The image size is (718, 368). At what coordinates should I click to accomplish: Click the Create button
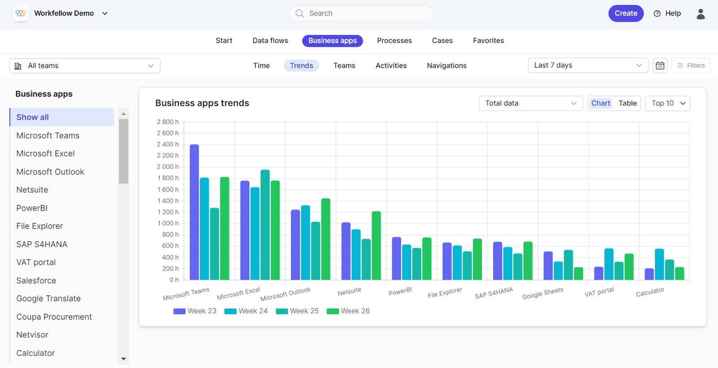coord(626,13)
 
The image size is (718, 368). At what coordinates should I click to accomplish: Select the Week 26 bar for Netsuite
coord(376,246)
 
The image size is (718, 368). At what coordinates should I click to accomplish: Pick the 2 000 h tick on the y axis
coord(168,167)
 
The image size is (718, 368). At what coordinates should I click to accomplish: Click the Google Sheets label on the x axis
coord(543,293)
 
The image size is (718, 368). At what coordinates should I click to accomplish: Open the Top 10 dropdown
coord(667,103)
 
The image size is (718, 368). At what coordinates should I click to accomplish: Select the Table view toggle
coord(627,103)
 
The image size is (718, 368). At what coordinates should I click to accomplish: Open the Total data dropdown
coord(530,103)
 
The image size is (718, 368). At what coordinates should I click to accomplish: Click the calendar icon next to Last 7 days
coord(660,66)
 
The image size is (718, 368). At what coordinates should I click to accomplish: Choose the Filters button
coord(691,66)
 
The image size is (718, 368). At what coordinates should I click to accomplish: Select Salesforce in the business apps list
coord(36,281)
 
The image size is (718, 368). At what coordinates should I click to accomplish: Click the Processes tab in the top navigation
coord(394,40)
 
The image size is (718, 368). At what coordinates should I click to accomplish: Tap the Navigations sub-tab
coord(447,66)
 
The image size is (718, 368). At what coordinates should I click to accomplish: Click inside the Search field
coord(363,13)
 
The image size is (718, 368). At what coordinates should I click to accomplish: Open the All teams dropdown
coord(85,66)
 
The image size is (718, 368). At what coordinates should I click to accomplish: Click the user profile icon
coord(700,13)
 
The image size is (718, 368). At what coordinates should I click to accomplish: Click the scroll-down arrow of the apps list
coord(123,359)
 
